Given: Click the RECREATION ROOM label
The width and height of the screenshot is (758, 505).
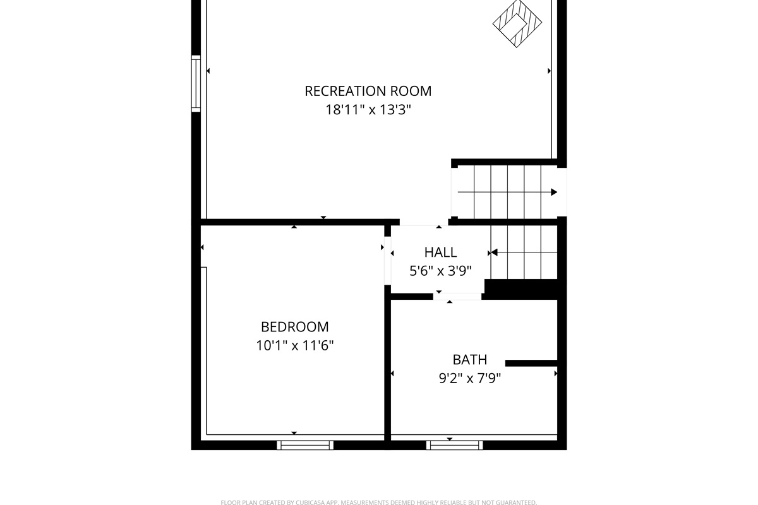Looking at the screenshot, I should (368, 91).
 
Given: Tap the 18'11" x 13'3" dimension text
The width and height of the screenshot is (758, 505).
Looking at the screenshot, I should (368, 110).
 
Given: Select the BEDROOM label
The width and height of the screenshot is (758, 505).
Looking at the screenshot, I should (295, 327).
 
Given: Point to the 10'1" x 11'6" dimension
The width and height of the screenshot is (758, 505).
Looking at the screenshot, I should (295, 345).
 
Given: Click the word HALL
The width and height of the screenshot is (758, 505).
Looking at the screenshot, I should (440, 252).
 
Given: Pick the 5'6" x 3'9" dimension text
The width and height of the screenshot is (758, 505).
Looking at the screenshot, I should (440, 271).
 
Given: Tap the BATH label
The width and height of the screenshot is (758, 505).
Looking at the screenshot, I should (470, 360).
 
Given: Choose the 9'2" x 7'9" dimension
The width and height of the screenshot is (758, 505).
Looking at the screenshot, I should (470, 378).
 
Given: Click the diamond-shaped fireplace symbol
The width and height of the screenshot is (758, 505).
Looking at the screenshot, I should (517, 24).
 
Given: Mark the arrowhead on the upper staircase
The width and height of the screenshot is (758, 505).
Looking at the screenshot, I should (554, 192).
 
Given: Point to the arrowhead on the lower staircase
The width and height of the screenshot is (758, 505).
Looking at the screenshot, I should (495, 252).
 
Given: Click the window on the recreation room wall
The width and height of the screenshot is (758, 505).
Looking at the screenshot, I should (196, 83).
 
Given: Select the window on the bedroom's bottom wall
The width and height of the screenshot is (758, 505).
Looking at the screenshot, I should (305, 445).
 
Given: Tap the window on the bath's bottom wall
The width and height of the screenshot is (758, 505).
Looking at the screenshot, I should (455, 445).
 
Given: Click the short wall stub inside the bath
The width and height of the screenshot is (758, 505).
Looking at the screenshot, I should (531, 363).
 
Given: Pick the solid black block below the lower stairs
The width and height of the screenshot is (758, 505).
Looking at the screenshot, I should (520, 289).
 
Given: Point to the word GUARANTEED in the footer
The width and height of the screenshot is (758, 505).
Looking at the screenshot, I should (513, 502).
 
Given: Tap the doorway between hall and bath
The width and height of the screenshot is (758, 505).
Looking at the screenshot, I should (457, 296).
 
